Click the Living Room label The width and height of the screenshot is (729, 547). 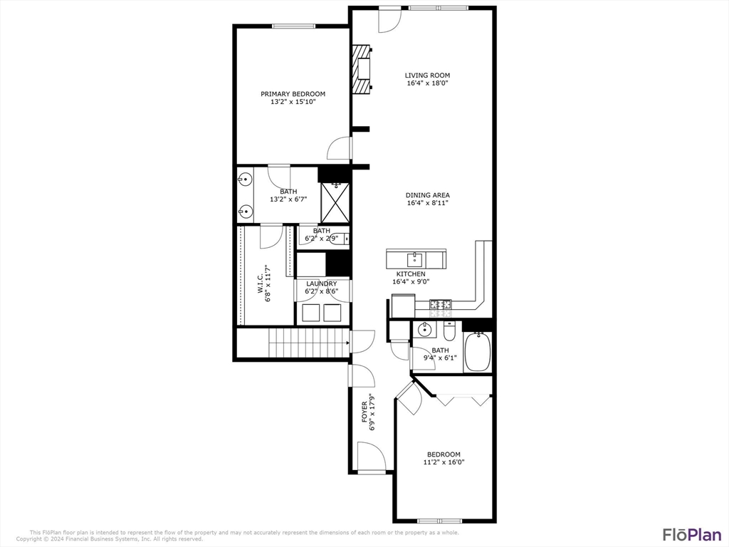pyautogui.click(x=427, y=75)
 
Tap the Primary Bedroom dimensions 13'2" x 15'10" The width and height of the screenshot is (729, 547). pyautogui.click(x=293, y=102)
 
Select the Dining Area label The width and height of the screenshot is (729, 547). pyautogui.click(x=427, y=195)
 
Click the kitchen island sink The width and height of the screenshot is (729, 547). pyautogui.click(x=415, y=258)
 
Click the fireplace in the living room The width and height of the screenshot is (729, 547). pyautogui.click(x=362, y=69)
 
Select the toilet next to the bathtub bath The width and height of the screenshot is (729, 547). pyautogui.click(x=449, y=331)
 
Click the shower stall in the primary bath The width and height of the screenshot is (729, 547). pyautogui.click(x=335, y=202)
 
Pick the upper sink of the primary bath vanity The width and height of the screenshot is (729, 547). pyautogui.click(x=245, y=178)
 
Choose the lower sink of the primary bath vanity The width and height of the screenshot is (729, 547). pyautogui.click(x=245, y=211)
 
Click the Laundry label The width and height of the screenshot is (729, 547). pyautogui.click(x=321, y=283)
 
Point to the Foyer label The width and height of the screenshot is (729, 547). pyautogui.click(x=364, y=413)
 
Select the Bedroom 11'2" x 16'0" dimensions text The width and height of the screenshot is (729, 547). pyautogui.click(x=444, y=462)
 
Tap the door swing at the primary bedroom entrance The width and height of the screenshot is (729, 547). pyautogui.click(x=340, y=148)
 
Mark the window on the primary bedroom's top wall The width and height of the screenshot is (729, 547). pyautogui.click(x=293, y=26)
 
